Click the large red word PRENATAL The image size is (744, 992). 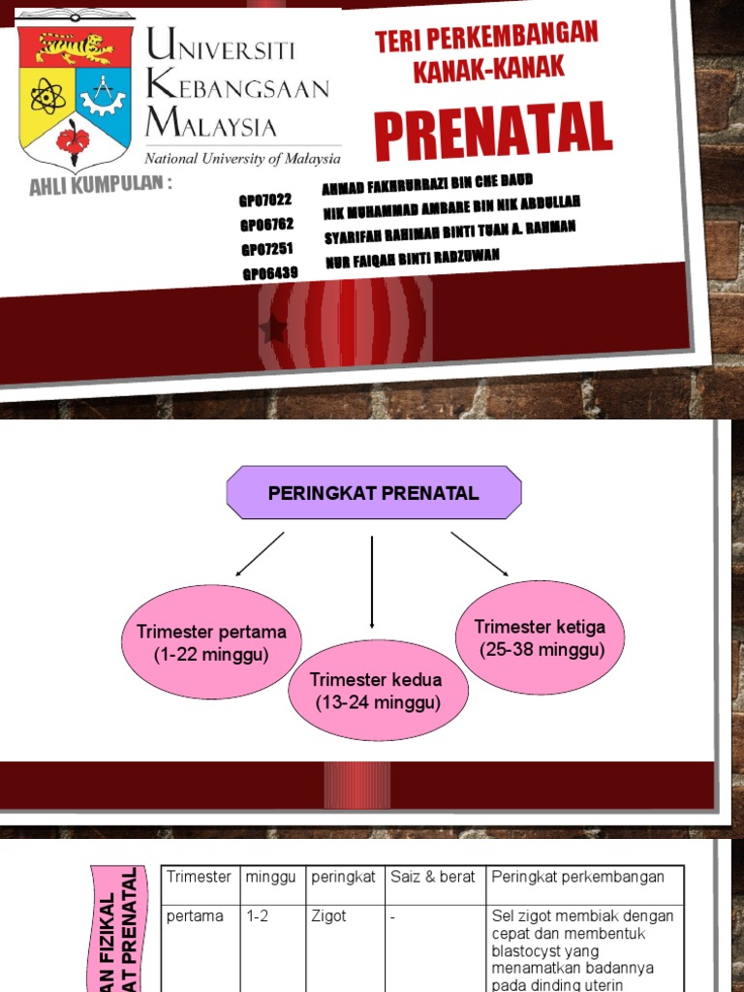(493, 131)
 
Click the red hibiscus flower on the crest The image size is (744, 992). (73, 142)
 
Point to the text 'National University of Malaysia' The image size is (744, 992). (242, 158)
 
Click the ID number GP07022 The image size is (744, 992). (265, 201)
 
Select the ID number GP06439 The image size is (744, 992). (270, 272)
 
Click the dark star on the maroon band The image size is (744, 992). (273, 331)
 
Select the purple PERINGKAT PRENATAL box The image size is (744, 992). (374, 493)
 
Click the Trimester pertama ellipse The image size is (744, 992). (212, 642)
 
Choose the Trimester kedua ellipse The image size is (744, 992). (377, 690)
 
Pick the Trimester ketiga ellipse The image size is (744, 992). (540, 637)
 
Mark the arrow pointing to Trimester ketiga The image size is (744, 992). (480, 554)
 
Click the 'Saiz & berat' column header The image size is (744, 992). (433, 877)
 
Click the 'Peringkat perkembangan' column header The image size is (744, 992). (578, 877)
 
